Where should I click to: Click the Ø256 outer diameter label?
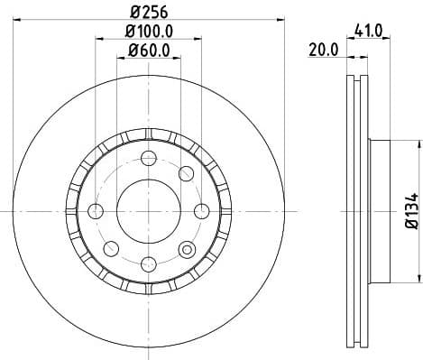(149, 12)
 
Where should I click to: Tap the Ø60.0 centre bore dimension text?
(149, 49)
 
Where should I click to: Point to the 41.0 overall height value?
(370, 31)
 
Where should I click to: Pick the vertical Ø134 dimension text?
(409, 210)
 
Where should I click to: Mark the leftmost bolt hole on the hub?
(97, 211)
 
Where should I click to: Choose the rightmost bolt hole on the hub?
(201, 211)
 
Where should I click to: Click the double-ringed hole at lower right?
(187, 249)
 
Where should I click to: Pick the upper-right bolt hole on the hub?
(187, 173)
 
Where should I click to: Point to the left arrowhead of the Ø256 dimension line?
(20, 22)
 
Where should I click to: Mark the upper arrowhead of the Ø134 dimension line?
(398, 143)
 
